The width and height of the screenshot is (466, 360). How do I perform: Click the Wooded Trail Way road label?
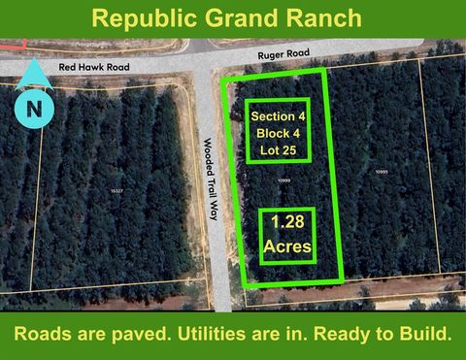coord(210,179)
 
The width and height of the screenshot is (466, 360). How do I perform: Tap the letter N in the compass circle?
coord(34,109)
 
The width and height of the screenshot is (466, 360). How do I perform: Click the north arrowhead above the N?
coord(34,70)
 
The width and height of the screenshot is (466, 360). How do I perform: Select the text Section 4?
coord(277,116)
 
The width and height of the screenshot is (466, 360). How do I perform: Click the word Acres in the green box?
coord(287,247)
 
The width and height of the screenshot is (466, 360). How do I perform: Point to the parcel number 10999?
coord(284,180)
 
